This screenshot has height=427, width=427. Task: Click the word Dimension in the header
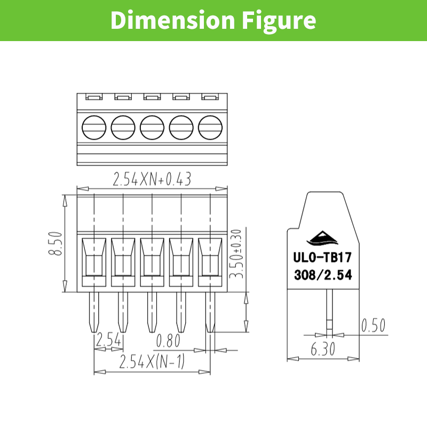(172, 20)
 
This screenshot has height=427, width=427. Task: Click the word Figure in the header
(279, 22)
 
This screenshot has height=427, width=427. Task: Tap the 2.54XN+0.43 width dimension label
(152, 179)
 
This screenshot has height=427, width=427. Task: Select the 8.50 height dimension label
(56, 243)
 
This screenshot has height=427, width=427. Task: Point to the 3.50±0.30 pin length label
(236, 254)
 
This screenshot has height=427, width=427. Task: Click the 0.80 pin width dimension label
(168, 341)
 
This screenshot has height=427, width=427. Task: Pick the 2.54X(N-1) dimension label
(152, 362)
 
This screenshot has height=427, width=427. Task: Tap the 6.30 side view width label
(323, 349)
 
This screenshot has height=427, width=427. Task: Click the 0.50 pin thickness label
(373, 325)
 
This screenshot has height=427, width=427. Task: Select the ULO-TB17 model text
(322, 257)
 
